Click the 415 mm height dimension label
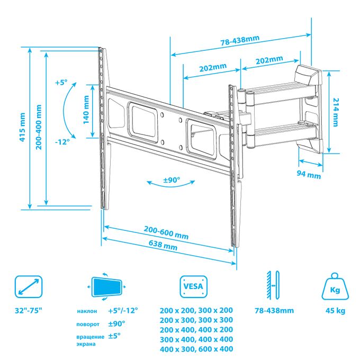(22, 127)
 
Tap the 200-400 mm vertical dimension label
(39, 127)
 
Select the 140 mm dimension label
(86, 110)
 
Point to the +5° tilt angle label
(61, 83)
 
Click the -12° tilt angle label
(62, 142)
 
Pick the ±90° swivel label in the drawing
(172, 180)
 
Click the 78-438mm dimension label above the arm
(240, 41)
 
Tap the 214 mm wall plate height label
(336, 112)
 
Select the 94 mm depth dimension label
(309, 175)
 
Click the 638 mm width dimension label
(163, 245)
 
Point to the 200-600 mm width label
(166, 232)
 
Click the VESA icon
(193, 287)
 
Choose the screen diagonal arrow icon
(29, 287)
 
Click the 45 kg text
(335, 311)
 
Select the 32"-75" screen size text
(29, 311)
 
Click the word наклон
(87, 311)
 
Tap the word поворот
(88, 325)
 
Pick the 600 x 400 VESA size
(215, 349)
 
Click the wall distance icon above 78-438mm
(273, 285)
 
